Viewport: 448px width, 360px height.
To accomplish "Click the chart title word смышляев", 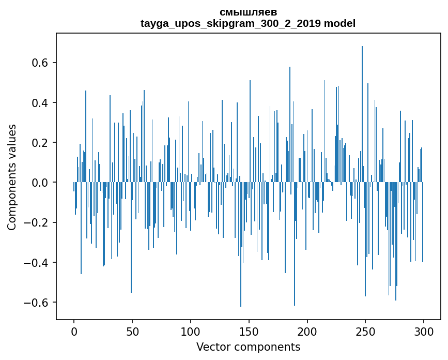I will (248, 12).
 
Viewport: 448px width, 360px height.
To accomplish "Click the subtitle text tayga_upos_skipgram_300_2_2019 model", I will (248, 23).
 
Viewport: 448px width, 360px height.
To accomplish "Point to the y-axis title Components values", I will (12, 177).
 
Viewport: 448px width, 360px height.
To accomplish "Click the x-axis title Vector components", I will (248, 347).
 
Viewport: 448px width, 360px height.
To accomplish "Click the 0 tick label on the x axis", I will (74, 331).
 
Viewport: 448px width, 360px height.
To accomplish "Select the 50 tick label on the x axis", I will (132, 331).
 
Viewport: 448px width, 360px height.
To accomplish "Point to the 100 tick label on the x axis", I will (191, 331).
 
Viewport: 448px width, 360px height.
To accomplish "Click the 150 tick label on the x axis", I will (249, 331).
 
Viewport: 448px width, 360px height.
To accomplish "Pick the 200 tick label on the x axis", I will (307, 331).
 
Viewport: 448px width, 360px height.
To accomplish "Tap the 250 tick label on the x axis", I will (365, 331).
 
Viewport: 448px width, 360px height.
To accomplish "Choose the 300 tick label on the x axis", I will (424, 331).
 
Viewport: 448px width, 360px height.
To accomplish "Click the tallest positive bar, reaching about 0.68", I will (362, 114).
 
